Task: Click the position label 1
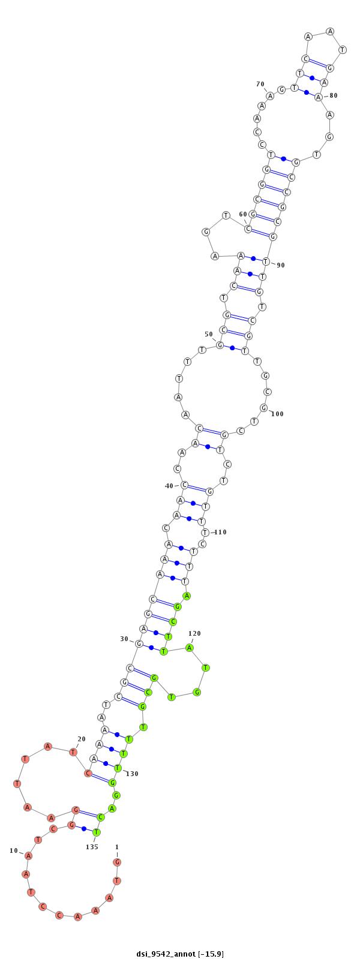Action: point(117,847)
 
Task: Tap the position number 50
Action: point(209,335)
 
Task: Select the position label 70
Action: point(260,85)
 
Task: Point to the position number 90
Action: point(281,266)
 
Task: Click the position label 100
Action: point(277,414)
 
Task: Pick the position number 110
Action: point(220,532)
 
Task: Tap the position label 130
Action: point(132,774)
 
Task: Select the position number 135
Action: point(92,847)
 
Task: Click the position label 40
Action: point(169,486)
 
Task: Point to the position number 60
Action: point(243,215)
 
